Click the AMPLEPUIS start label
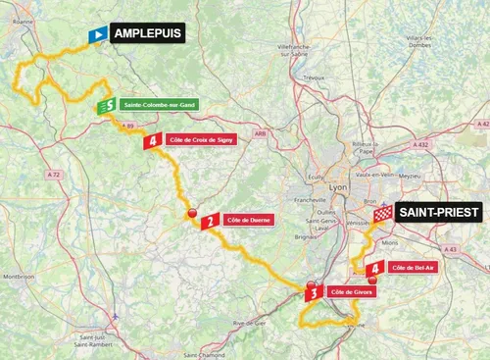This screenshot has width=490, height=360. point(146,33)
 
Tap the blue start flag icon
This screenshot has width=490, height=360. point(98,35)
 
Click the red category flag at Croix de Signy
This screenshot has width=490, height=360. point(152,141)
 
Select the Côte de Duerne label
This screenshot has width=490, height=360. point(249,222)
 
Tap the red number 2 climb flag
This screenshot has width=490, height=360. point(208,223)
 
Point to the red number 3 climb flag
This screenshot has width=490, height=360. point(312,291)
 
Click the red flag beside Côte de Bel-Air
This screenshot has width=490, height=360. point(373,267)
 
